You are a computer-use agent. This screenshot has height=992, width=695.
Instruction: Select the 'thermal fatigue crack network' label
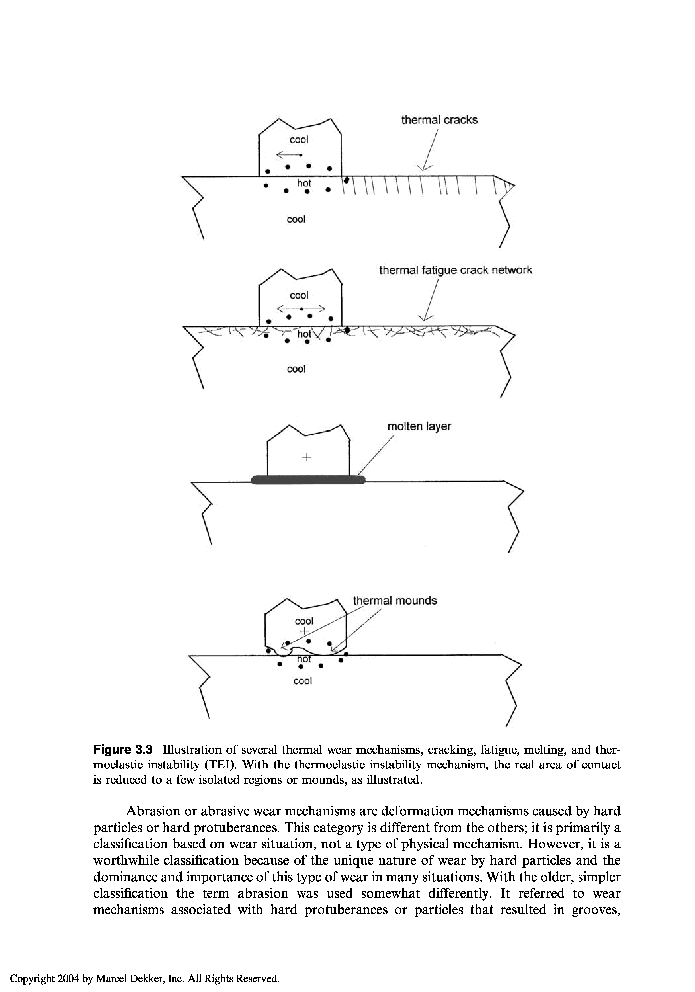(x=455, y=270)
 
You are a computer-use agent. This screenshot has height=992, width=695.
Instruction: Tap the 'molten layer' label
(x=419, y=427)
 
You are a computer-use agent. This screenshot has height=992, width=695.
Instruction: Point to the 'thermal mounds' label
(x=394, y=600)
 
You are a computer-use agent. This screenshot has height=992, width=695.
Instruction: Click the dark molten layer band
(x=308, y=479)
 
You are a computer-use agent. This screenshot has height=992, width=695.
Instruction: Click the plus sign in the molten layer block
(x=307, y=457)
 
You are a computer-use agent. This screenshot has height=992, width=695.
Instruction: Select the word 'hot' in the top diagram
(x=304, y=183)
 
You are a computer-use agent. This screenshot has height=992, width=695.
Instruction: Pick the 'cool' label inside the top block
(x=299, y=140)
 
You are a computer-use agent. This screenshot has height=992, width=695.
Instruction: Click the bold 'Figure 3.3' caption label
(x=123, y=750)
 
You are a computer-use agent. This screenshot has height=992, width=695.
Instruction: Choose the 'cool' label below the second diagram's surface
(x=296, y=369)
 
